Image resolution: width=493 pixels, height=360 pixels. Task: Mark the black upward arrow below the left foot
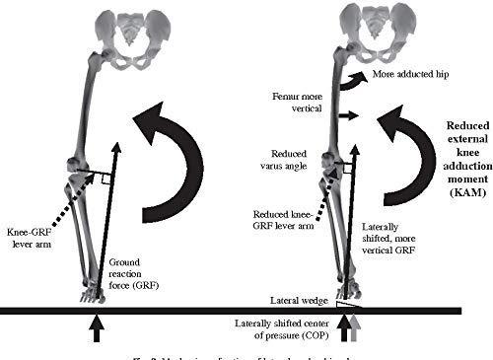95,328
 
